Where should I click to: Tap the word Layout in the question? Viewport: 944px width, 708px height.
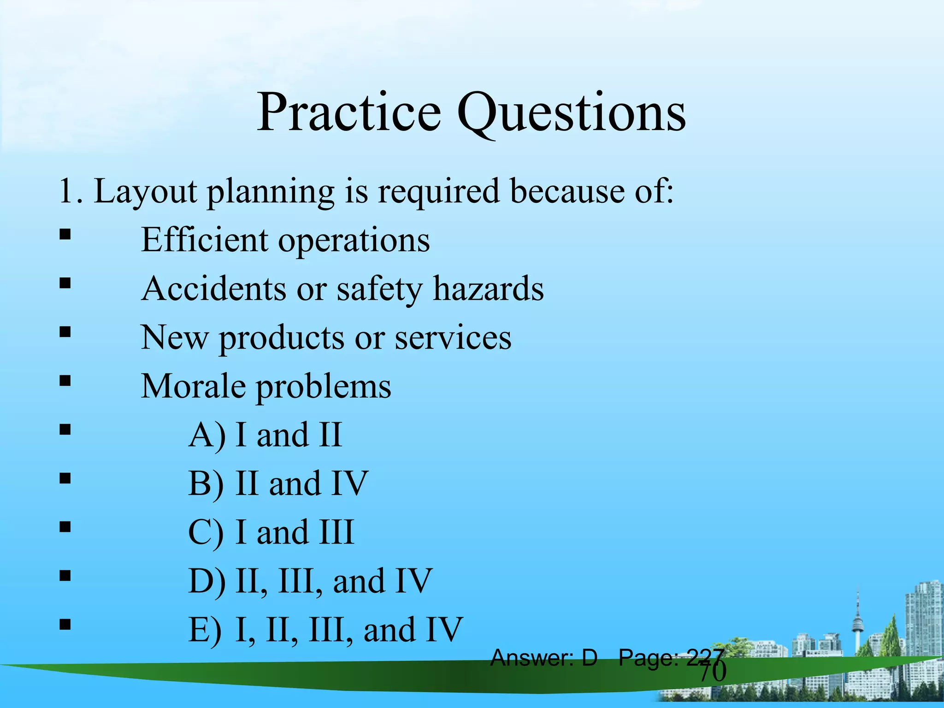click(x=145, y=191)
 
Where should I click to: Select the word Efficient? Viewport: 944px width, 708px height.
click(x=204, y=240)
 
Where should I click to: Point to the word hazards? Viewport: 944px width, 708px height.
click(x=488, y=289)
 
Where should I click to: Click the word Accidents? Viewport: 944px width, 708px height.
click(x=213, y=289)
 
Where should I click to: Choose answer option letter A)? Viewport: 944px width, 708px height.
click(x=207, y=435)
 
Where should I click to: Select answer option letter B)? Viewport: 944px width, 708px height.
click(x=206, y=484)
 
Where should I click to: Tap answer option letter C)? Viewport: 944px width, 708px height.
click(x=206, y=532)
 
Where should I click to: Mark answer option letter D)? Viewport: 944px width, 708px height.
click(x=207, y=581)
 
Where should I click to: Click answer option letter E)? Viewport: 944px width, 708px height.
click(x=205, y=630)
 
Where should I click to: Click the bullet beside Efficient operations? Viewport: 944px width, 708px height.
click(x=65, y=235)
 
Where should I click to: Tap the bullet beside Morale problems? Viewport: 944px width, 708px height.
click(x=65, y=381)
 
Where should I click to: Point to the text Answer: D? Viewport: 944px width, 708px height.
click(x=544, y=658)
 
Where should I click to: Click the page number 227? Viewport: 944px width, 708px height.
click(x=705, y=657)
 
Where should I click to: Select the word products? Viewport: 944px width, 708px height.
click(x=281, y=338)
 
